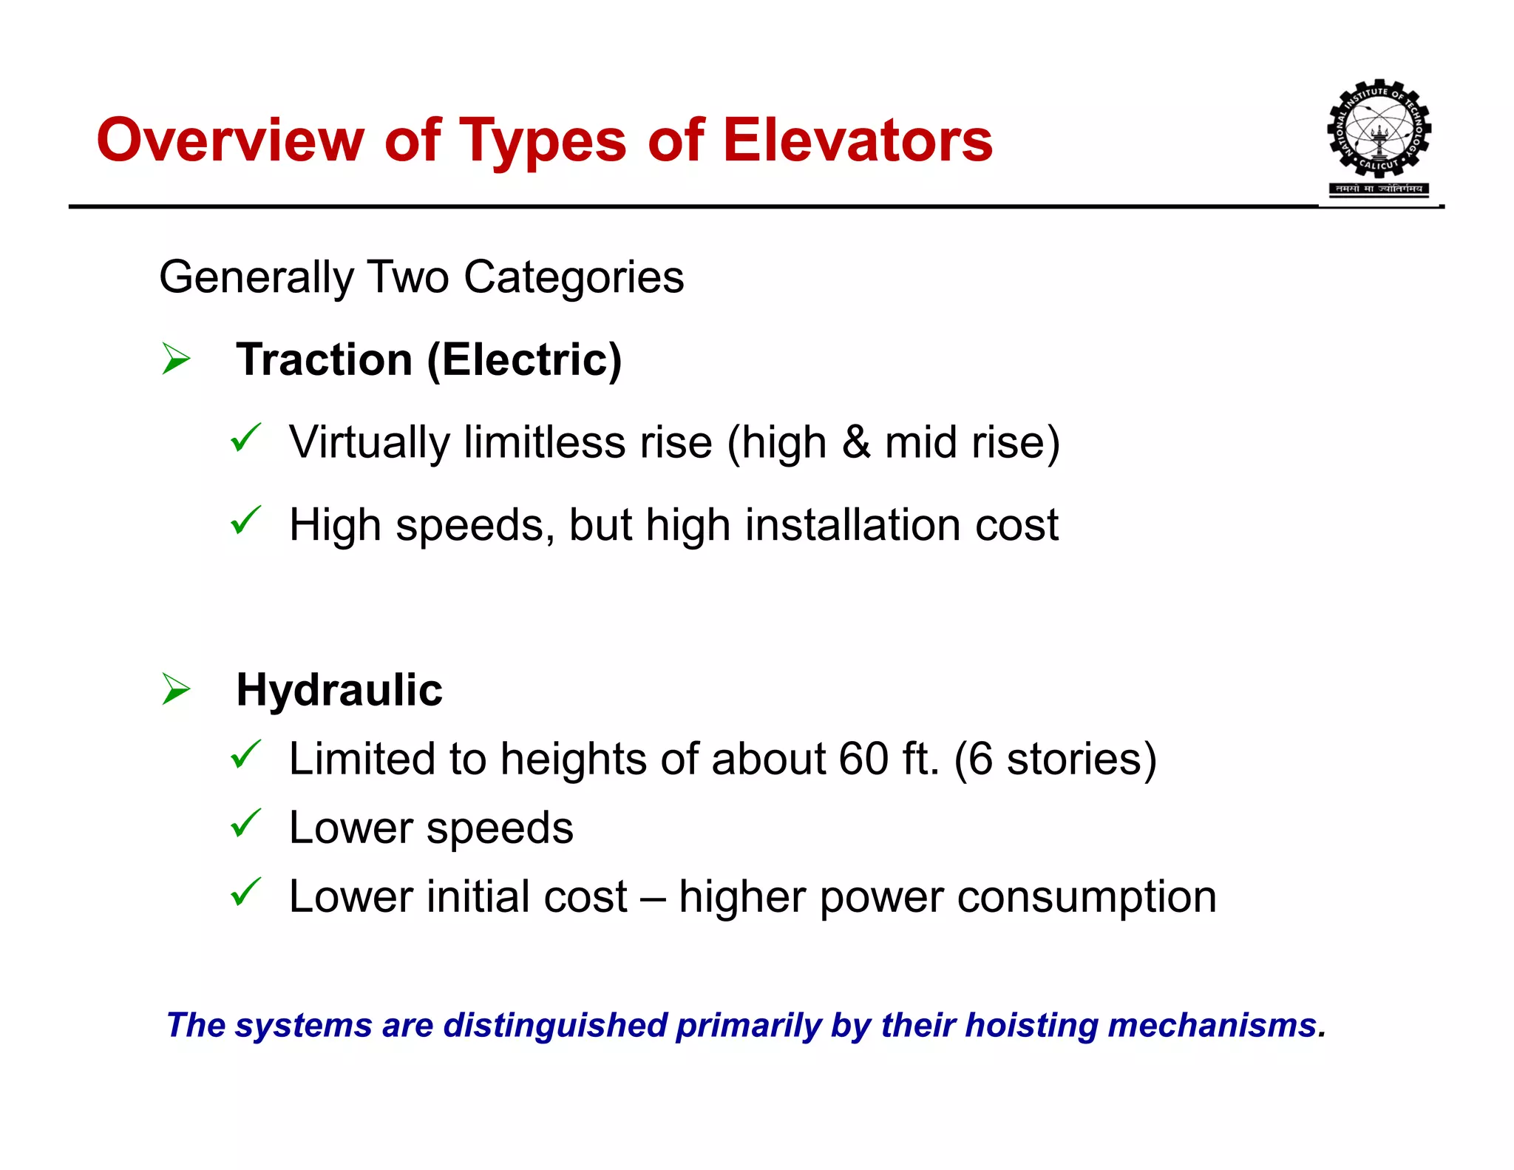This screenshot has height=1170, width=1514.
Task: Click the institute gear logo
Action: pyautogui.click(x=1379, y=132)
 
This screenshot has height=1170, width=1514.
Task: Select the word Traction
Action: pyautogui.click(x=324, y=360)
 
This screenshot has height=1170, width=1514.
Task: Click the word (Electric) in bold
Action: pyautogui.click(x=524, y=360)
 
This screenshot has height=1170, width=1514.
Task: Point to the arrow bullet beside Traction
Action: pyautogui.click(x=176, y=359)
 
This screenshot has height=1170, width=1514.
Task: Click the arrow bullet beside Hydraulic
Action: pyautogui.click(x=176, y=689)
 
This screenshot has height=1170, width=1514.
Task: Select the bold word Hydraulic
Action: pyautogui.click(x=339, y=690)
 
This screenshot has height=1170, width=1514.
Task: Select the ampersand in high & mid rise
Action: pyautogui.click(x=855, y=442)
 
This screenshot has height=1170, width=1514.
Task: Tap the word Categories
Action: pyautogui.click(x=574, y=277)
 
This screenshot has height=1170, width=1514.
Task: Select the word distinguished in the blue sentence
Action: pyautogui.click(x=555, y=1026)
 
